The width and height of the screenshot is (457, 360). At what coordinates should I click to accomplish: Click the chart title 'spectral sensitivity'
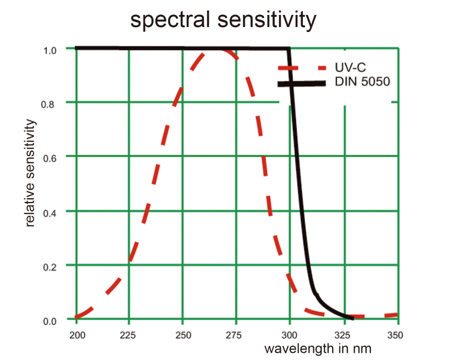223,20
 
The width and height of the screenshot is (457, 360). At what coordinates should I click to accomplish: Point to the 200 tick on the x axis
76,335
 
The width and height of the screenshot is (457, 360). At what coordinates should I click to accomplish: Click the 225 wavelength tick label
129,335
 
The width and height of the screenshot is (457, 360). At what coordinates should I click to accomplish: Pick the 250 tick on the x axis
183,335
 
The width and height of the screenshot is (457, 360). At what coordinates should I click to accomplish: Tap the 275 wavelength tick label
236,335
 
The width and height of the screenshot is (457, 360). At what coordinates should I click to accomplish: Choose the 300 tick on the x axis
290,335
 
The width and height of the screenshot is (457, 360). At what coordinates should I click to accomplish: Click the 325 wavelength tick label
343,335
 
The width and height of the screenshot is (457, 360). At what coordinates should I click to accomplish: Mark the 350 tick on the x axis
396,335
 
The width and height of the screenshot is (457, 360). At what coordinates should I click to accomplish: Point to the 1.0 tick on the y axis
51,50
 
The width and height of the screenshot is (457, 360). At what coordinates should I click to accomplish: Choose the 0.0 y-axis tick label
51,320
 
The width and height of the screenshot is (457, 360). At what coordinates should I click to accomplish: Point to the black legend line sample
302,83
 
